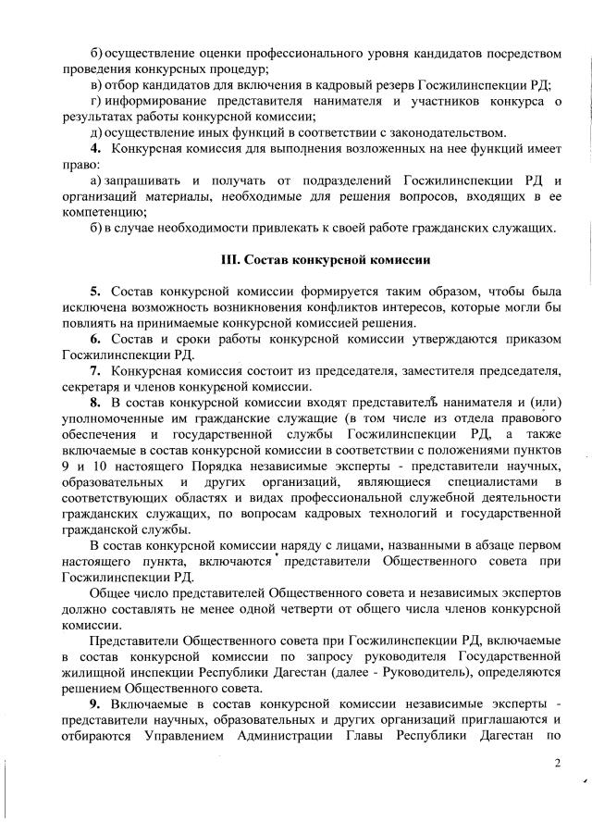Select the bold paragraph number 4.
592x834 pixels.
tap(94, 148)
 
